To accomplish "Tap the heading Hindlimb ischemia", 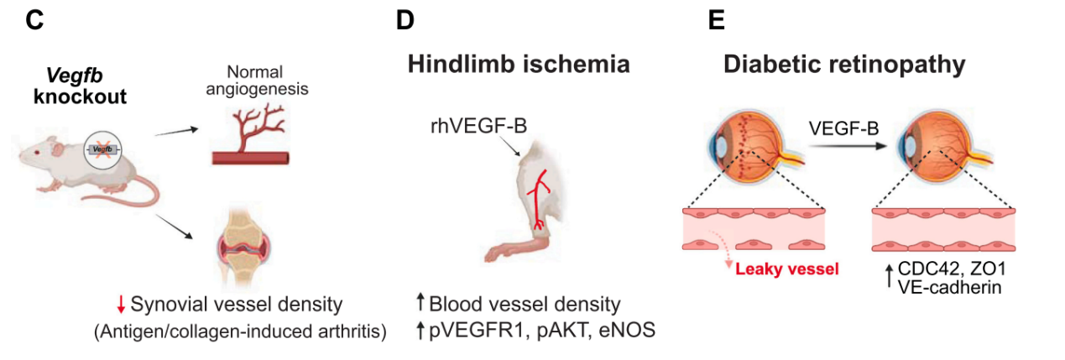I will (x=519, y=65).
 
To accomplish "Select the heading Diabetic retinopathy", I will (x=844, y=65).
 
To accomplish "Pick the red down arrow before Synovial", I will (x=122, y=303).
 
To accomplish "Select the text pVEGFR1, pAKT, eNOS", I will (x=541, y=331).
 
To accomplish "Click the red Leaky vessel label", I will (x=787, y=269).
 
